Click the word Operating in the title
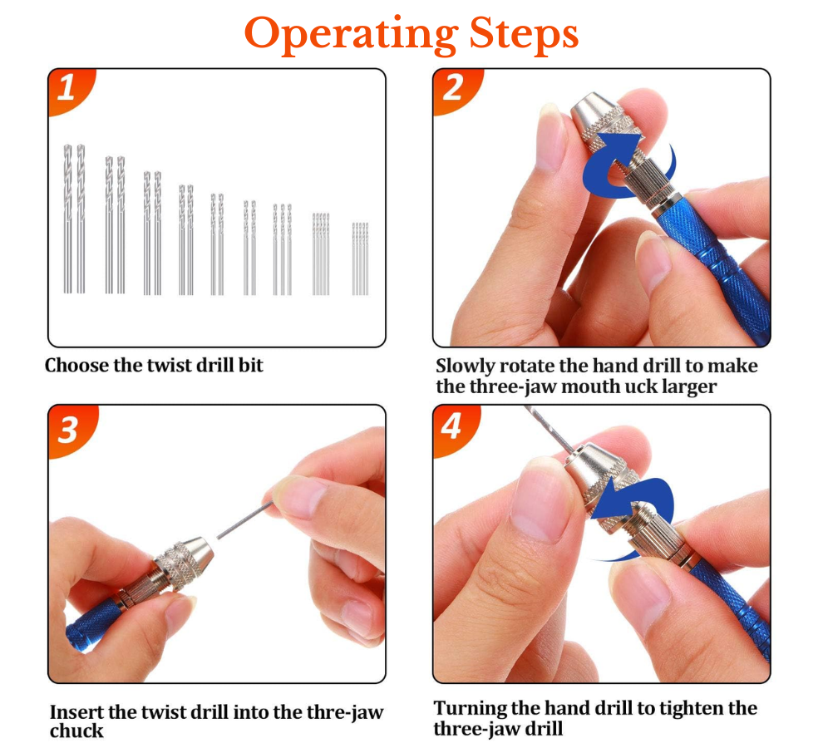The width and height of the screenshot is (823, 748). pyautogui.click(x=351, y=35)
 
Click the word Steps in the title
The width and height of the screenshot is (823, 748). pyautogui.click(x=523, y=32)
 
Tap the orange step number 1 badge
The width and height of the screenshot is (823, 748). pyautogui.click(x=71, y=90)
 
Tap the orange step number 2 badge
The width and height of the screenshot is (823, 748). pyautogui.click(x=456, y=90)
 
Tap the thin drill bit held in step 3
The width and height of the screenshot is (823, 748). pyautogui.click(x=245, y=519)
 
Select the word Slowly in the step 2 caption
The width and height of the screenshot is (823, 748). pyautogui.click(x=465, y=367)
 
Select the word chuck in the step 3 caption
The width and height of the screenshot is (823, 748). pyautogui.click(x=76, y=731)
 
